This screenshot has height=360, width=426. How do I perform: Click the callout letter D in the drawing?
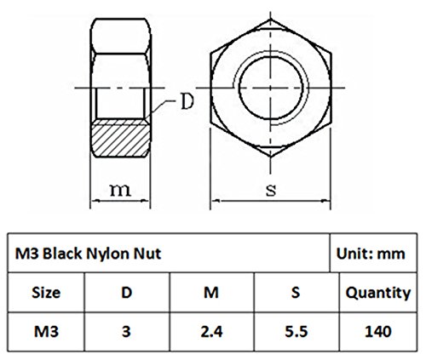(187, 101)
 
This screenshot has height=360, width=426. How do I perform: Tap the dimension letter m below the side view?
(120, 190)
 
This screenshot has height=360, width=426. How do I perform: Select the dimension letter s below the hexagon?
(271, 191)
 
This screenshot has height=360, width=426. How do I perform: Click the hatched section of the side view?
(120, 139)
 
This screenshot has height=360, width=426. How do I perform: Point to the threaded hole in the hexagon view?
(271, 88)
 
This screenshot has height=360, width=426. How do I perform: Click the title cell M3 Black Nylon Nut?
(169, 253)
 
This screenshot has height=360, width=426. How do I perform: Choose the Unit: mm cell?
(373, 253)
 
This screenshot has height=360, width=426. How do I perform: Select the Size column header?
(46, 292)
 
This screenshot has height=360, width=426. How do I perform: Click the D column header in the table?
(127, 292)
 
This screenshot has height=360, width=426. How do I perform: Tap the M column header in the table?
(211, 292)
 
